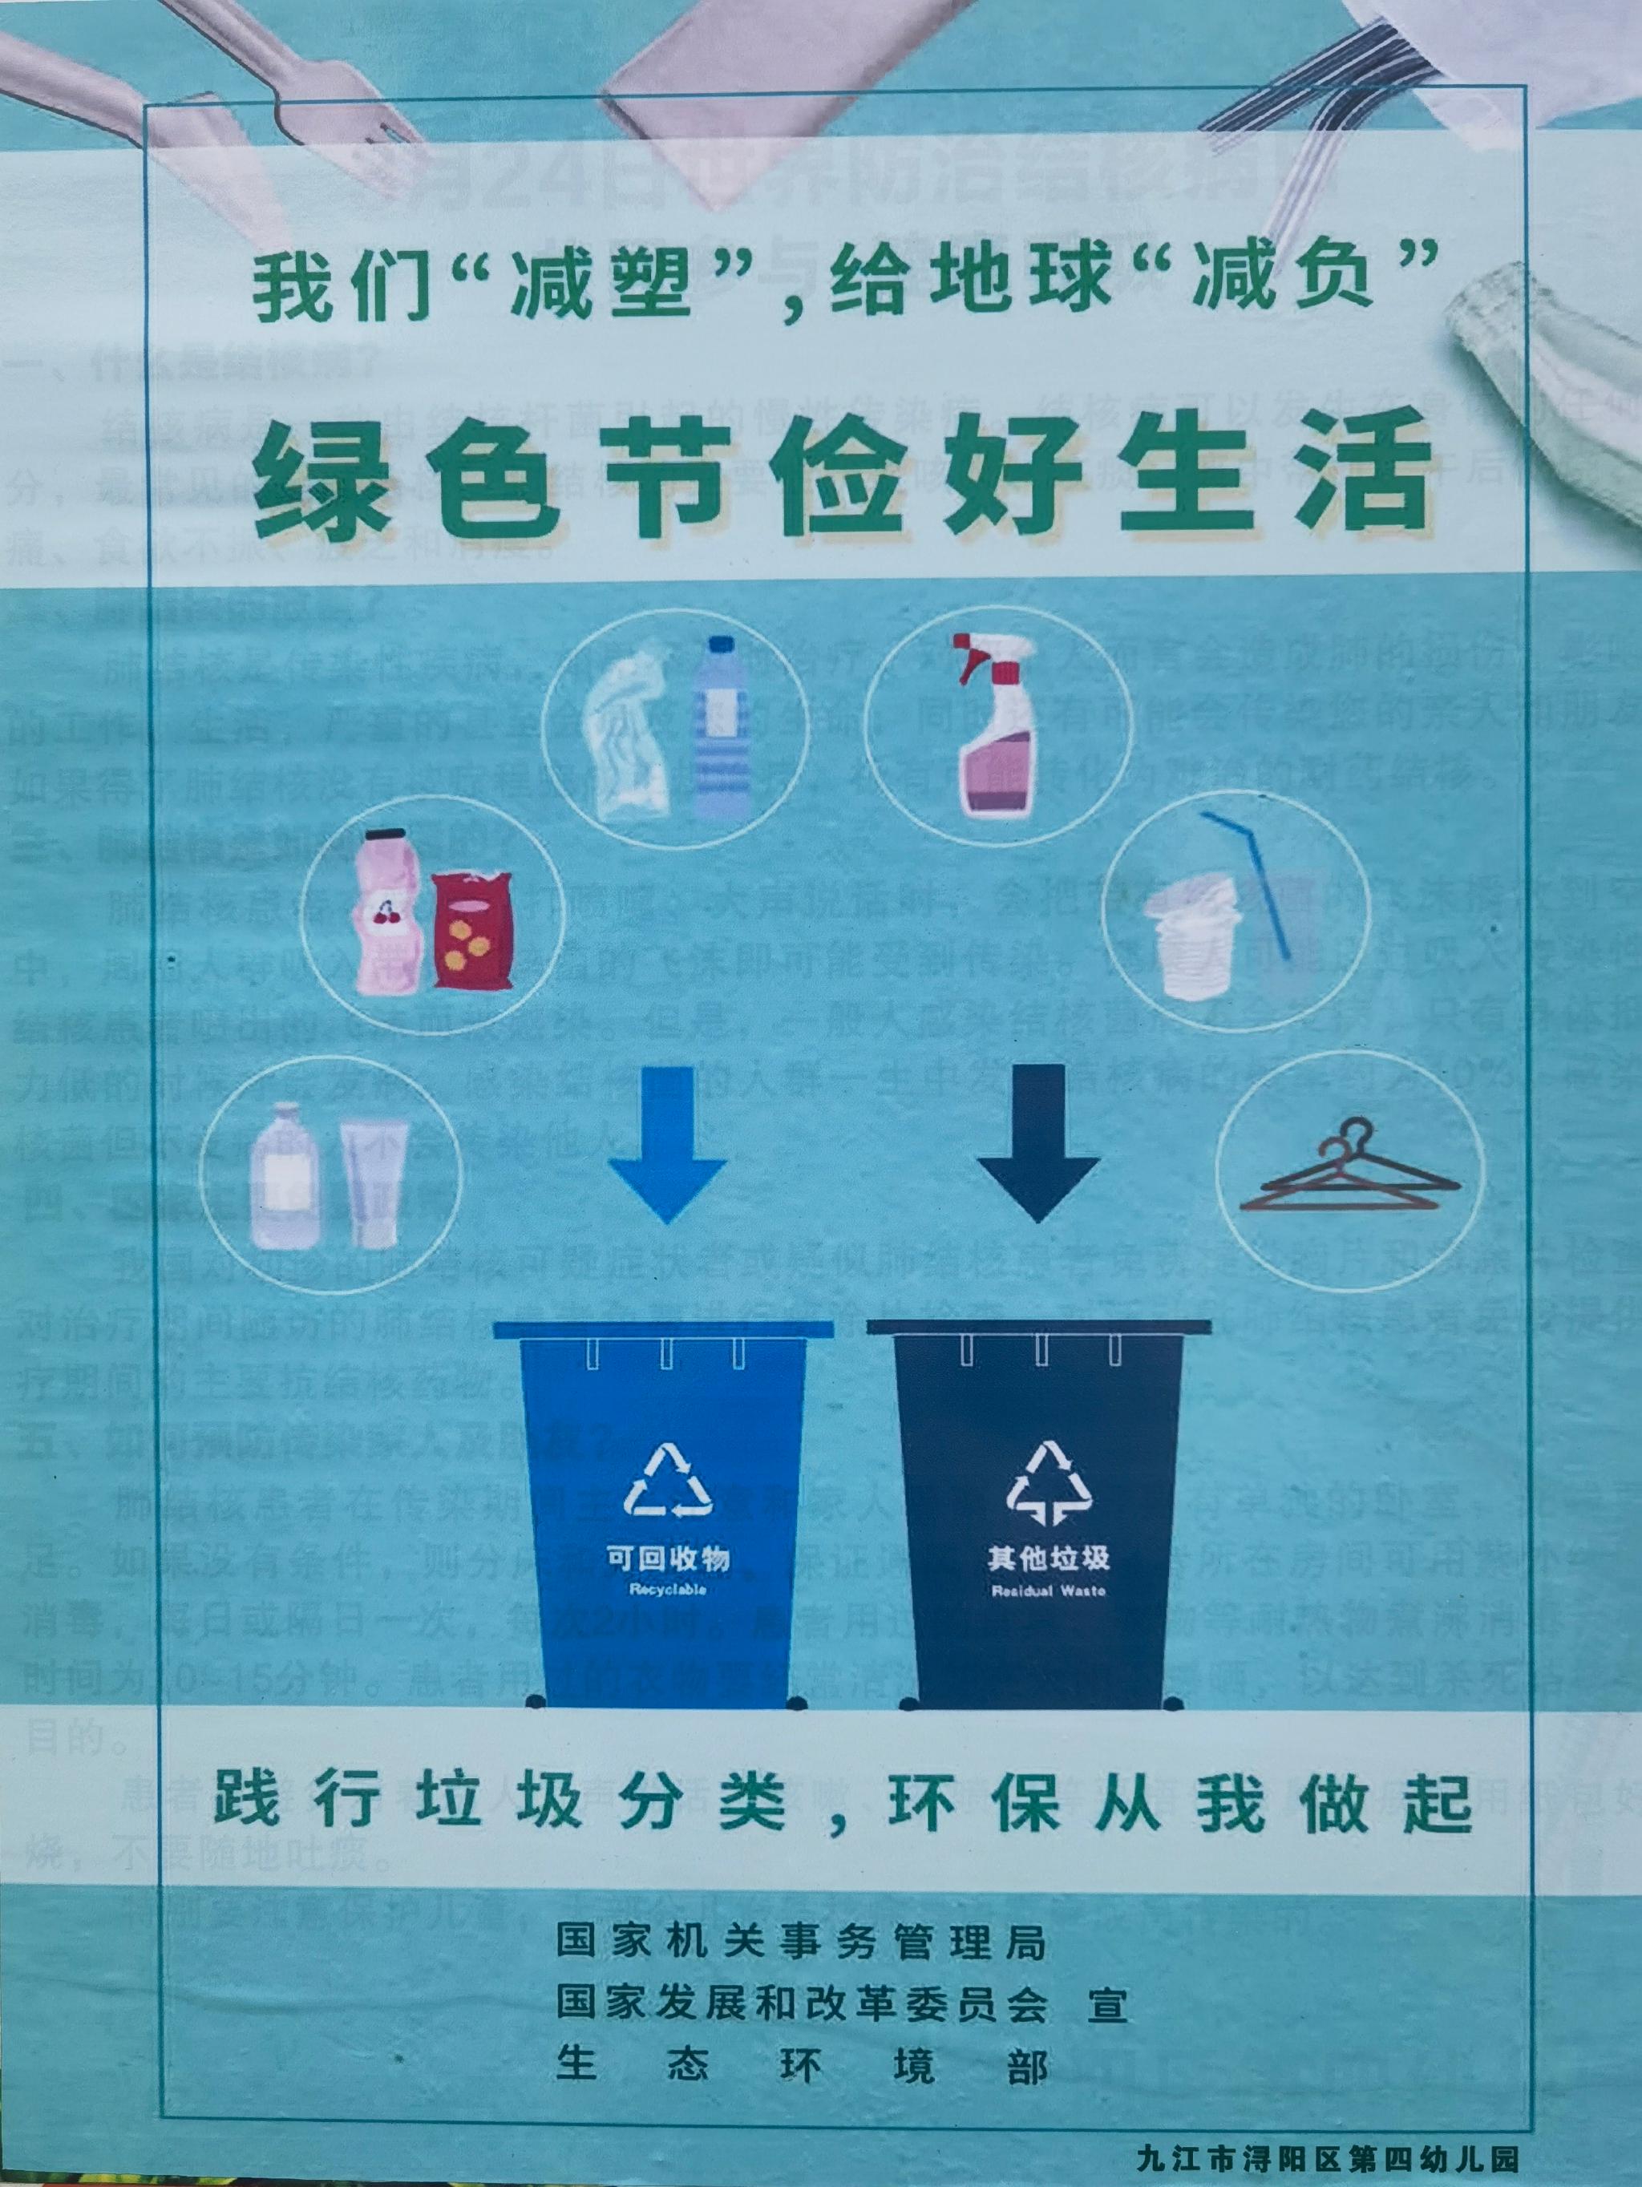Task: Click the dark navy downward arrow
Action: pos(1038,1147)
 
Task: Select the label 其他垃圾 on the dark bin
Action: pos(1048,1559)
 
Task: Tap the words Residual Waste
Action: pos(1048,1591)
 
